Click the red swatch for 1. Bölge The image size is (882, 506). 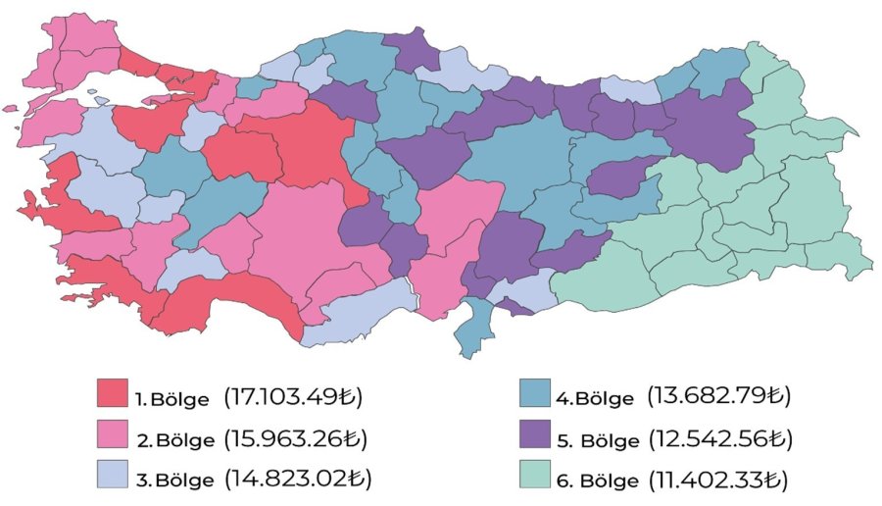tap(113, 393)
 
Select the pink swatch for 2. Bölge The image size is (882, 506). tap(113, 434)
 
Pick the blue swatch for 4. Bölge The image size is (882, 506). tap(536, 393)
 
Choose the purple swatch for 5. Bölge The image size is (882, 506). tap(536, 434)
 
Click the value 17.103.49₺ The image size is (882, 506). tap(293, 397)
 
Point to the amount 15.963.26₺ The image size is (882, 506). tap(296, 437)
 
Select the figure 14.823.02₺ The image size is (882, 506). tap(297, 479)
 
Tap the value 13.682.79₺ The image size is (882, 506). tap(718, 396)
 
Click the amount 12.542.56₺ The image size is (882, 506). tap(719, 437)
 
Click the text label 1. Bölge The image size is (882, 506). tap(172, 399)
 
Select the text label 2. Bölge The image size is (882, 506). tap(173, 439)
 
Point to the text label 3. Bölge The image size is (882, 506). tap(173, 480)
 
